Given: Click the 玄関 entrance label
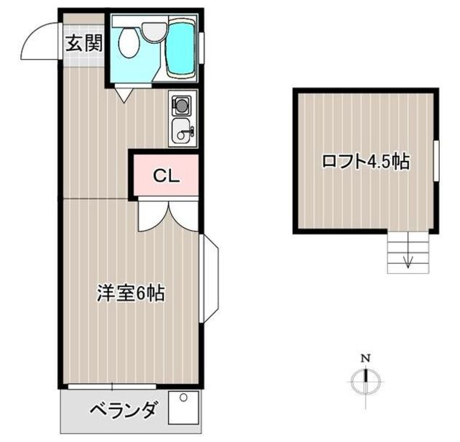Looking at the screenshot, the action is click(x=84, y=43).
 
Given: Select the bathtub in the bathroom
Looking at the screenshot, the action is click(x=181, y=48).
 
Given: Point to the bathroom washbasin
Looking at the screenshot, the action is click(x=155, y=32).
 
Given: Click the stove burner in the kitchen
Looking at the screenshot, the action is click(x=182, y=105).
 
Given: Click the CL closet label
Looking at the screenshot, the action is click(x=166, y=175).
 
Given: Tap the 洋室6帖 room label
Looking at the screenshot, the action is click(x=131, y=293).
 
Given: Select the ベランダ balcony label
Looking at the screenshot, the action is click(x=123, y=410).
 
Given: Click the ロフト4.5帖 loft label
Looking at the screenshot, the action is click(x=366, y=161).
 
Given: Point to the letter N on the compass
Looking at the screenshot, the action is click(x=365, y=358).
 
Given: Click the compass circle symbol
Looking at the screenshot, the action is click(x=366, y=382).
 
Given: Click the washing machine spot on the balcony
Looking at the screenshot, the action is click(x=184, y=408).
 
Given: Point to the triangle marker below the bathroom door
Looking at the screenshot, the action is click(x=124, y=96).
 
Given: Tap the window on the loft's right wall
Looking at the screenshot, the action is click(x=436, y=161).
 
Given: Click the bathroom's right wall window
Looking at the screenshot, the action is click(x=201, y=48).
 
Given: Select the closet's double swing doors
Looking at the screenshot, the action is click(x=168, y=216).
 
